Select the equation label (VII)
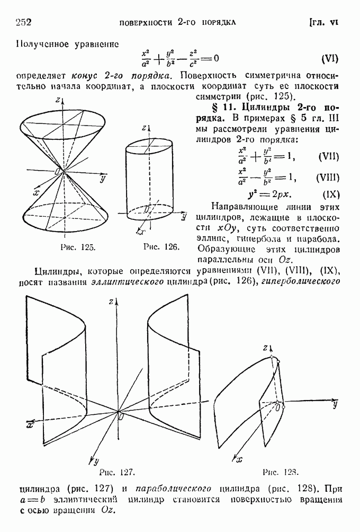(329, 157)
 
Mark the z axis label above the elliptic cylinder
(143, 128)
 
